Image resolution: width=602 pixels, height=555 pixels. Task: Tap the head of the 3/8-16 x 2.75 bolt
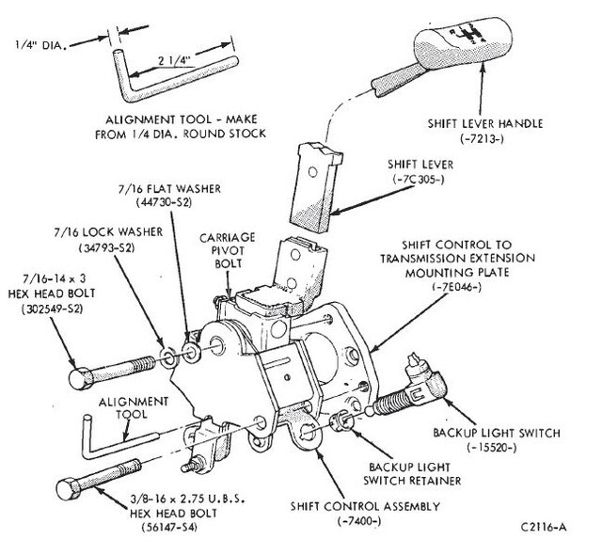coord(67,490)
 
